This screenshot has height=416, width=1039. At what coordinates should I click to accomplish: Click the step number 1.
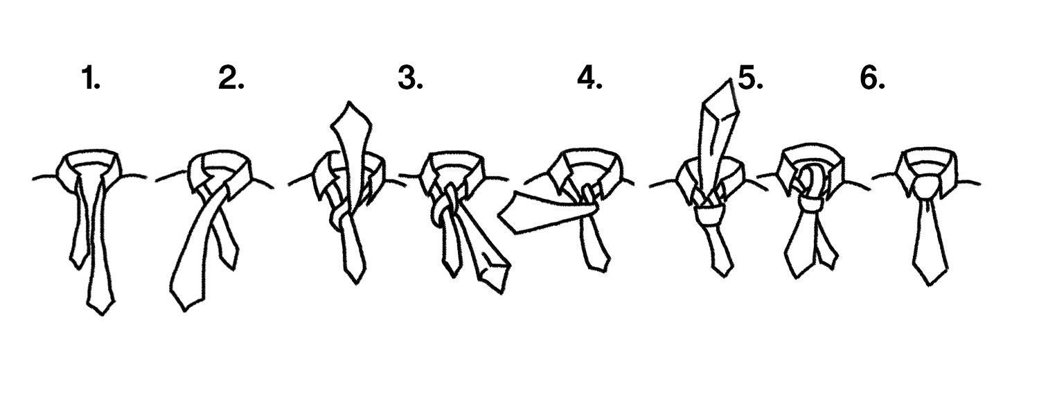tap(91, 78)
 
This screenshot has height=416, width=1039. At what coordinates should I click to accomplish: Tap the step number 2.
tap(231, 78)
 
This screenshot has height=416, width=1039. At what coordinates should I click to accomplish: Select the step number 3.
tap(410, 78)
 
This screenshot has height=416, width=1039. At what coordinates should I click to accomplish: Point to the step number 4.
tap(589, 78)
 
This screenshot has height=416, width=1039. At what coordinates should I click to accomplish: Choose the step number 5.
tap(750, 78)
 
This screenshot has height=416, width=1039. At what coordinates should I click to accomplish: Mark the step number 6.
tap(873, 78)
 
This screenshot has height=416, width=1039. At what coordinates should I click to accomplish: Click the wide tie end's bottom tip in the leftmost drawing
tap(102, 315)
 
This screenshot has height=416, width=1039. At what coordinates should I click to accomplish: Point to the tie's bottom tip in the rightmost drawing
tap(930, 285)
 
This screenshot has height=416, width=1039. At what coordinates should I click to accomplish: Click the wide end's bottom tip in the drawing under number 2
tap(184, 310)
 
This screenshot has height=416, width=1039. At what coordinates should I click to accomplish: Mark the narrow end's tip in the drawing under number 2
tap(233, 268)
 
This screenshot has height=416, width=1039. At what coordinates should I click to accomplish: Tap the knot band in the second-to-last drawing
tap(811, 205)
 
